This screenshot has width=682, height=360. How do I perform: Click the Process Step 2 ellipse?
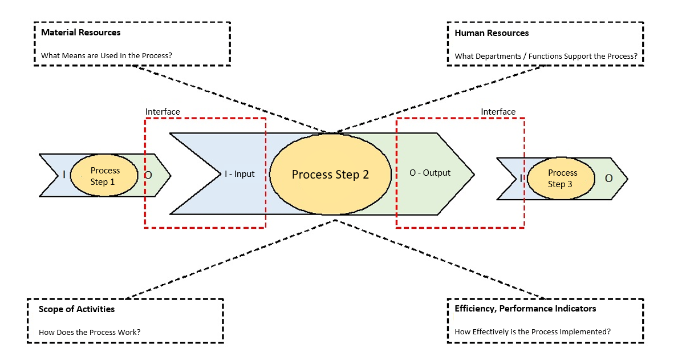point(330,174)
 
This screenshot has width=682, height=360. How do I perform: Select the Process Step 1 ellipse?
point(104,176)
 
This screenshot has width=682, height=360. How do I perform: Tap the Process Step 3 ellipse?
point(562,178)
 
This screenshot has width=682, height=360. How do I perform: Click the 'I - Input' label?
point(239,174)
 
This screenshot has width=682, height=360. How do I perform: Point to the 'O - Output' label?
point(429,173)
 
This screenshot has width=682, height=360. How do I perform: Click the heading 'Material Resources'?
point(80,33)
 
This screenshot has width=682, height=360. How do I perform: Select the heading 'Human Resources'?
point(491,33)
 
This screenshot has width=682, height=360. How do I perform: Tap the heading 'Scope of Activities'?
point(76,309)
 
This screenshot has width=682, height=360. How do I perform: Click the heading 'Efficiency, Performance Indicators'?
point(525,309)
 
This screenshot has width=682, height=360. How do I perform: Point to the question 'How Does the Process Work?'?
point(89,332)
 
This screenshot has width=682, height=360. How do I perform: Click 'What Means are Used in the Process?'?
point(106,56)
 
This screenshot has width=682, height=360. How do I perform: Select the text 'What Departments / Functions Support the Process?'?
point(546,56)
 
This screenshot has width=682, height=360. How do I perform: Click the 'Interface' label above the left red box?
point(163,112)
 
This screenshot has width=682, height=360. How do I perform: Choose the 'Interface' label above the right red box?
point(498,112)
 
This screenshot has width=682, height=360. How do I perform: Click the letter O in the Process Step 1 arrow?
point(148,175)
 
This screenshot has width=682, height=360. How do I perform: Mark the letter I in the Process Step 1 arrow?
point(64,175)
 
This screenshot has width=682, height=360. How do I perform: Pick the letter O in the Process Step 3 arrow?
point(608,179)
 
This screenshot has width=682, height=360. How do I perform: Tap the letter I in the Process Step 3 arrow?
point(521,179)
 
